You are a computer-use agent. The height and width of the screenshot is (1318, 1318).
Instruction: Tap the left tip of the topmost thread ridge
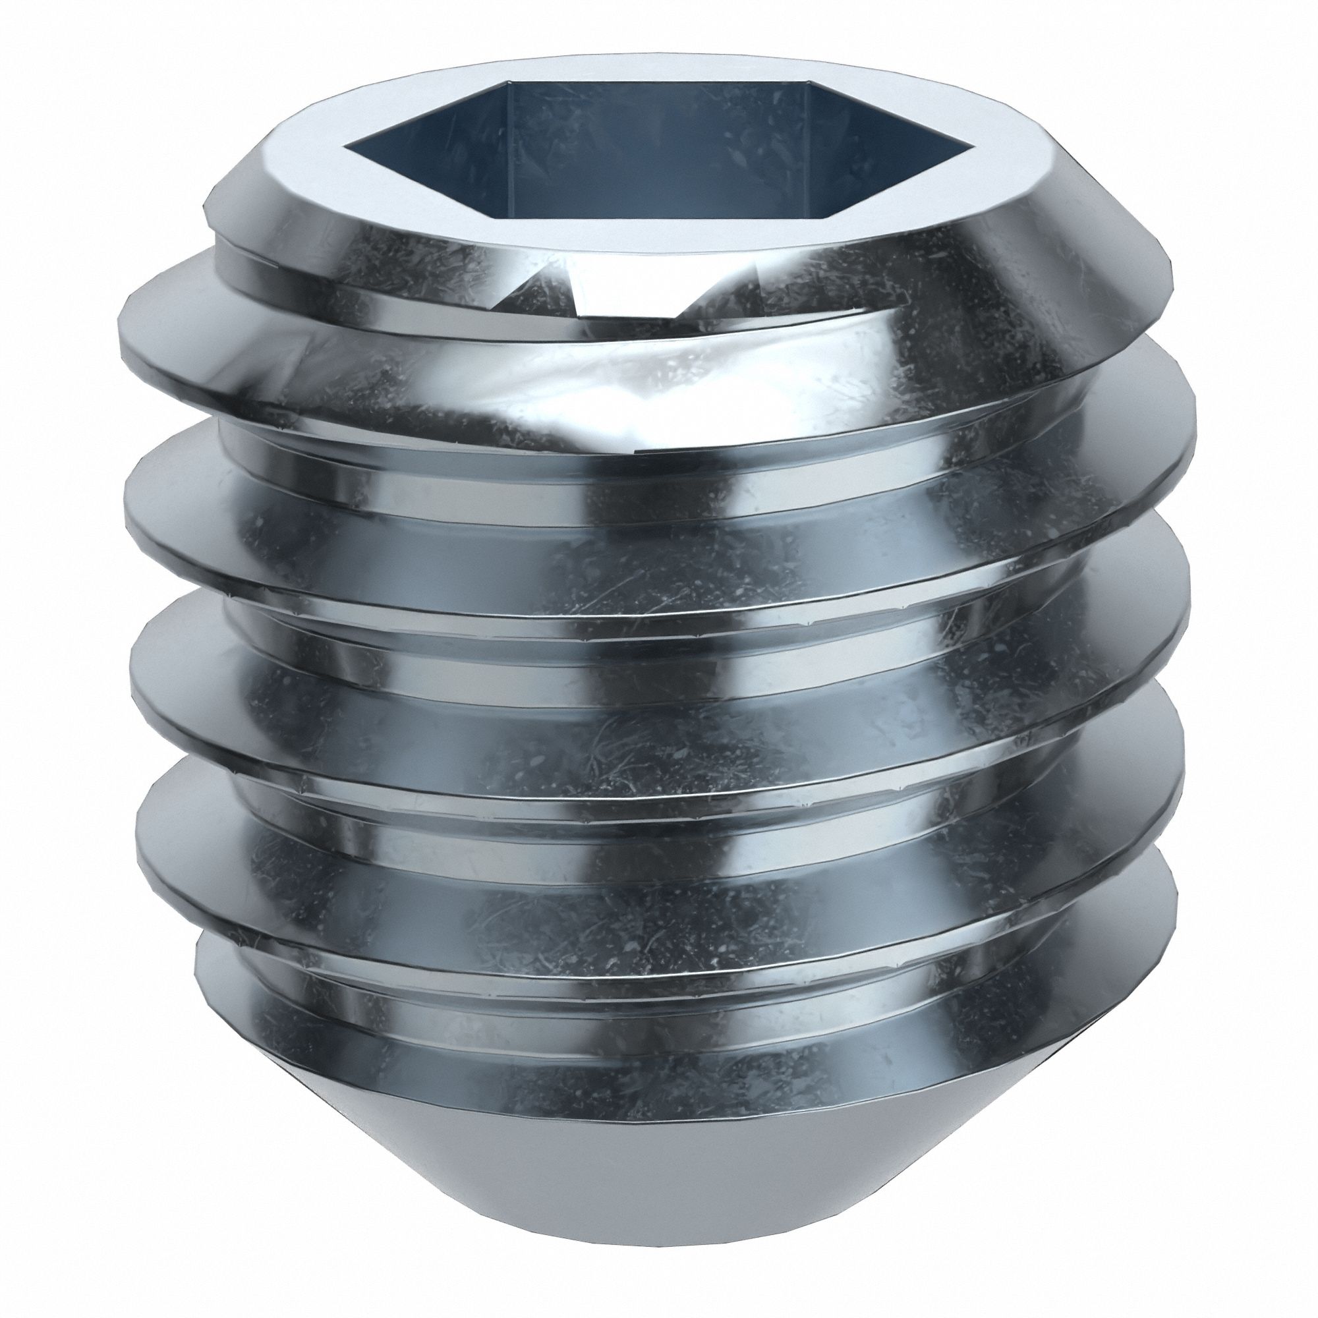pyautogui.click(x=123, y=328)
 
